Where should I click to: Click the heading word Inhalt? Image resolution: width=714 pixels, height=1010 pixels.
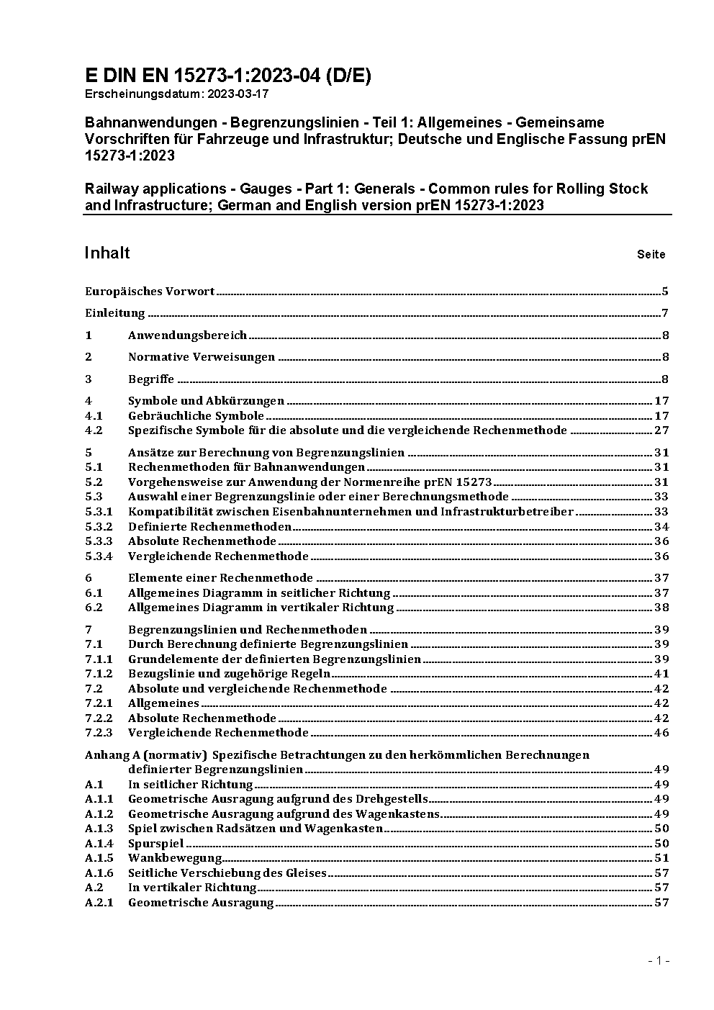(107, 253)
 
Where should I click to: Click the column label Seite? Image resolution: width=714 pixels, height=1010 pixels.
(651, 254)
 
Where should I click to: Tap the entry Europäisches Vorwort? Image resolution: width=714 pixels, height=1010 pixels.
(150, 292)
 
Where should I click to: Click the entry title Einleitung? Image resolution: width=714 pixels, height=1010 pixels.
(115, 313)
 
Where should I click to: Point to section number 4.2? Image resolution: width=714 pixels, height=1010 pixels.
(94, 430)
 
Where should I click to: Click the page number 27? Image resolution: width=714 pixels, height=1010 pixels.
(661, 430)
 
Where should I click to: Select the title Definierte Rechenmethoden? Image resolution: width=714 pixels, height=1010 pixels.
(209, 526)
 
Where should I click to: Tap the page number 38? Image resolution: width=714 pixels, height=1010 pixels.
(661, 608)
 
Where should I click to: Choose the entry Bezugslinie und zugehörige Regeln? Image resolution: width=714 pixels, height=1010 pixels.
(229, 674)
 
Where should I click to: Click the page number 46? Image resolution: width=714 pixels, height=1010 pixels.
(661, 733)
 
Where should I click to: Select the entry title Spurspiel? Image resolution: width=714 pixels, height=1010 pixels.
(155, 843)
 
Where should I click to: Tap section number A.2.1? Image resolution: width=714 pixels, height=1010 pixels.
(99, 902)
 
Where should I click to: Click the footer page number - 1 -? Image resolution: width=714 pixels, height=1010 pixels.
(659, 960)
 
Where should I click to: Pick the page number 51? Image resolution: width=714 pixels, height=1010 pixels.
(661, 857)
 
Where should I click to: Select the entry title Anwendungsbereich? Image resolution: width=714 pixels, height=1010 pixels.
(187, 335)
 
